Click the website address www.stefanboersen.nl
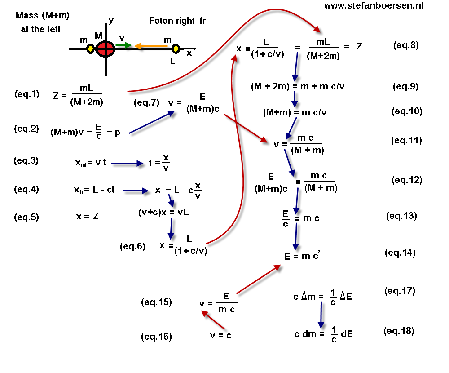click(373, 6)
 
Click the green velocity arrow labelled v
click(124, 45)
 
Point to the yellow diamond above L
click(176, 48)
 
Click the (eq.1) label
click(26, 94)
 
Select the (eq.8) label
click(405, 45)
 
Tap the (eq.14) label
click(400, 253)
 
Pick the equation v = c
click(220, 335)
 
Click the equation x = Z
click(88, 217)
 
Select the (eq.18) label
click(399, 331)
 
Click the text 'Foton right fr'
click(177, 21)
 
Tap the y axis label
click(111, 20)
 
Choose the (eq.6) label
click(133, 246)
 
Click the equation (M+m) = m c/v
click(295, 112)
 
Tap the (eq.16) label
click(156, 336)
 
